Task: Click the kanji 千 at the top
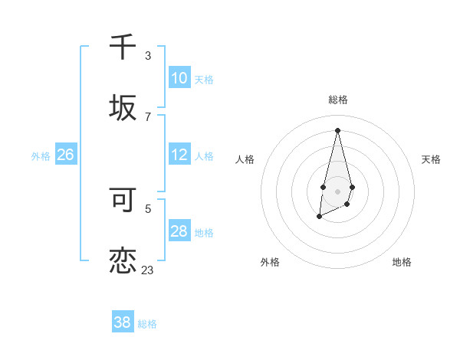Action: [x=123, y=47]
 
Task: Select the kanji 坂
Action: [x=123, y=107]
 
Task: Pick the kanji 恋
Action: [x=123, y=260]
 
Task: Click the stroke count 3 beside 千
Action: [x=148, y=56]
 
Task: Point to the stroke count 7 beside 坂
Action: [x=148, y=116]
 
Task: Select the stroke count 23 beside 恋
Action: [x=148, y=270]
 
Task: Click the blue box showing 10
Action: [x=179, y=78]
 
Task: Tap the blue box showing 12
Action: [x=179, y=155]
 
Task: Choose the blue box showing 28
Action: [x=179, y=231]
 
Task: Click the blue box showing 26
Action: [x=65, y=155]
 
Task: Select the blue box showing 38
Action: [x=122, y=322]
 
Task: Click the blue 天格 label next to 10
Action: [x=204, y=80]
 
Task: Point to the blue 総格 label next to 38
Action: [x=147, y=324]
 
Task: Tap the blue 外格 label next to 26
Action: [x=41, y=156]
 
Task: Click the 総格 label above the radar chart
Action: [x=337, y=100]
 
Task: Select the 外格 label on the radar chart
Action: [x=270, y=262]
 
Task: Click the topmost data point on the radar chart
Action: [x=337, y=129]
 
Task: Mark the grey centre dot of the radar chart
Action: [x=337, y=190]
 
